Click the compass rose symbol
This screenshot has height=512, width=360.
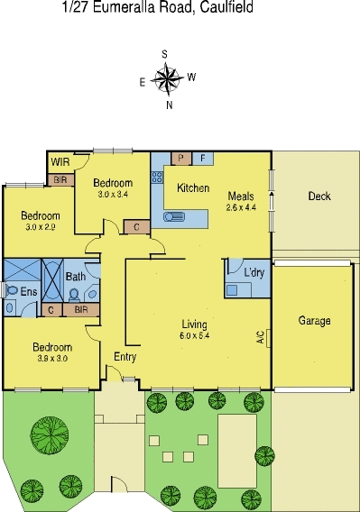click(168, 79)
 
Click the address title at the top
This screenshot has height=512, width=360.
click(157, 8)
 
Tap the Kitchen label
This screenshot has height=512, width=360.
click(193, 188)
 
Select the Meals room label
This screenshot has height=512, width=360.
click(241, 196)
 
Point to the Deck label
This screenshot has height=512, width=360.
click(318, 196)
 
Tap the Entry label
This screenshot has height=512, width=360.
click(125, 357)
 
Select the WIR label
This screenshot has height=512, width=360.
click(60, 162)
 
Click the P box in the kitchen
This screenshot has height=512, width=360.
click(181, 159)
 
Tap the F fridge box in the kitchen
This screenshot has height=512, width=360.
click(202, 159)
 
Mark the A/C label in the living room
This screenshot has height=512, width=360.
click(261, 339)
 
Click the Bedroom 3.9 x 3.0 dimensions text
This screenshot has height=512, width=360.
click(51, 358)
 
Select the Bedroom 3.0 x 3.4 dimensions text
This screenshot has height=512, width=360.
click(114, 193)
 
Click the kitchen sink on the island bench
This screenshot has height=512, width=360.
click(176, 215)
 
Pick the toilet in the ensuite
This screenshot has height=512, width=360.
click(11, 291)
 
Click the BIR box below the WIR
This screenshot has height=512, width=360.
click(60, 180)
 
